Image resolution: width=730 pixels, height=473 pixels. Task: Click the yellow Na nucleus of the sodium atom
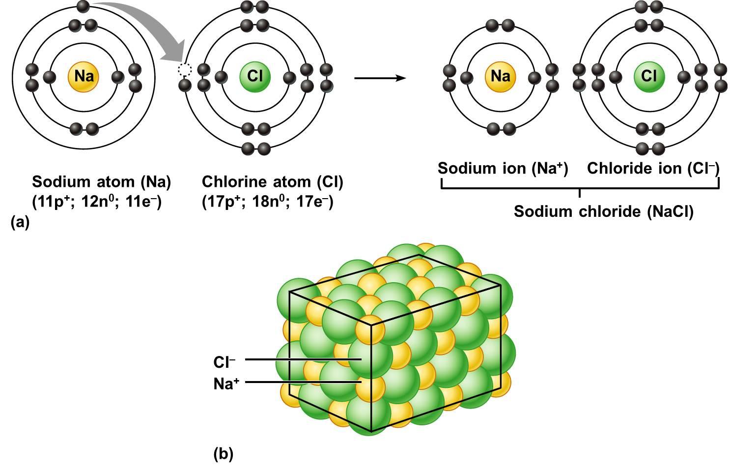pos(84,76)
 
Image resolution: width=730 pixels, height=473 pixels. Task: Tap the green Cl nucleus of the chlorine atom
pos(255,76)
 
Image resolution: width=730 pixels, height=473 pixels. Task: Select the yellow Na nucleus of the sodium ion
pos(500,76)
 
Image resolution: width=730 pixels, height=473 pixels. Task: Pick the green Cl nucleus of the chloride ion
pos(649,76)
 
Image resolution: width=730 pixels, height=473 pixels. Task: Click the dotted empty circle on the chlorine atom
pos(185,70)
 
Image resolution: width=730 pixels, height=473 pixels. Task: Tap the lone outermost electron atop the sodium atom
pos(84,6)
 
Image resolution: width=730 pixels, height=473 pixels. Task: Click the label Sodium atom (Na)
pos(101,182)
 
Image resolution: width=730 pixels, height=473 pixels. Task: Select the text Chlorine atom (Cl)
pos(272,182)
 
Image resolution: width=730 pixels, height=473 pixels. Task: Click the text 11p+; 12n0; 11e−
pos(97,202)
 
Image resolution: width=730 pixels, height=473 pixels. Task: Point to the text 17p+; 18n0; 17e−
pos(267,202)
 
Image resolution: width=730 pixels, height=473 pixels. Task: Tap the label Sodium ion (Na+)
pos(503,169)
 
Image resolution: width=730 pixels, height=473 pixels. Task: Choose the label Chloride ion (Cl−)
pos(653,169)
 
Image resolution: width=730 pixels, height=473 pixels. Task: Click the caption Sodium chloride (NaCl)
pos(603,211)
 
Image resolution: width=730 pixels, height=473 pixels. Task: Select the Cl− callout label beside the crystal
pos(224,362)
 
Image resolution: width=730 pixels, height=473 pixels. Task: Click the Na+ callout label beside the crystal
pos(226,384)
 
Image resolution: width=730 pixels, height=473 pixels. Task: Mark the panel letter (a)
pos(20,222)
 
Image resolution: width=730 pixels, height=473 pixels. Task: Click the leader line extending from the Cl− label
pos(302,359)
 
